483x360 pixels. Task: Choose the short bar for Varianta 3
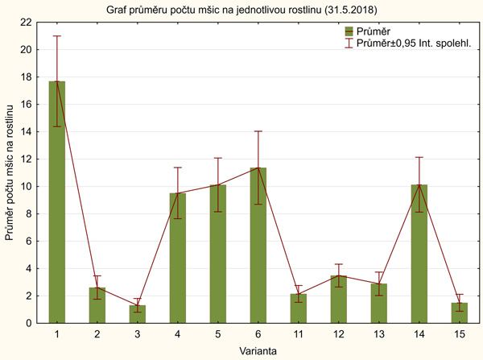point(137,315)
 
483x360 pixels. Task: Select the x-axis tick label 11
point(298,334)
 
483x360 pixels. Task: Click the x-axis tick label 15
point(459,334)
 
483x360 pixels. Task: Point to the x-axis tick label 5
point(217,334)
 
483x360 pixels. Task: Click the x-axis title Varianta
point(258,351)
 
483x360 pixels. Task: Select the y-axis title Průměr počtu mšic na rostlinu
point(10,172)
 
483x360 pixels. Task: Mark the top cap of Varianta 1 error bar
point(56,36)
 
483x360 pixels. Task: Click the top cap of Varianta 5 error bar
point(217,158)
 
